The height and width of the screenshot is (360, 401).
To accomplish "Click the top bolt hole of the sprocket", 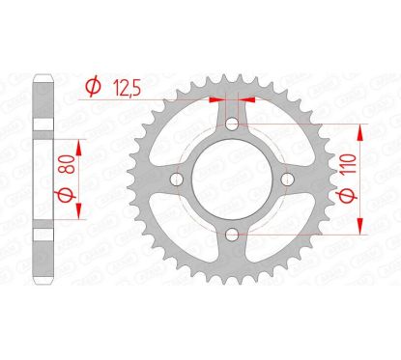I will pos(232,124).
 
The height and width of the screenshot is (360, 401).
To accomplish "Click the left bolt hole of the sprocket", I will pos(176,180).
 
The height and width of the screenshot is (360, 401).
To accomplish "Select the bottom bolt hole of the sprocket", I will pos(232,235).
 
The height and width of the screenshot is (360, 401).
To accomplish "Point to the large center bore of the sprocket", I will pos(232,180).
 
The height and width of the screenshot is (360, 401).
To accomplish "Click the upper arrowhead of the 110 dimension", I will pos(361,129).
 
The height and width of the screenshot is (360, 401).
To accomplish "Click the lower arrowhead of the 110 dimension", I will pos(361,230).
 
